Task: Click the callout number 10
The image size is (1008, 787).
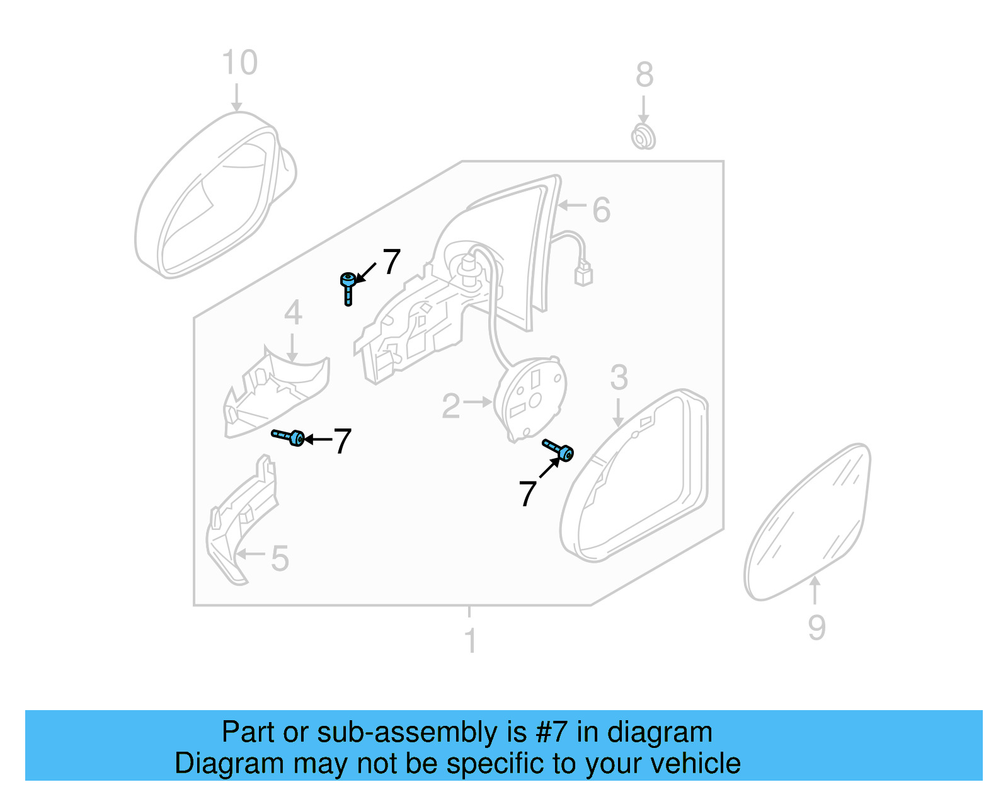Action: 239,63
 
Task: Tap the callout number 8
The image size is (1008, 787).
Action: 644,75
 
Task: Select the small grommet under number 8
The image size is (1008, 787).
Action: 643,137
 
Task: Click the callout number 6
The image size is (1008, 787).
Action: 601,210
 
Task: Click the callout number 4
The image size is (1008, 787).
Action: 293,313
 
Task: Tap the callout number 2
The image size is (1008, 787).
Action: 451,406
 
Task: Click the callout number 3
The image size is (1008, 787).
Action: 619,377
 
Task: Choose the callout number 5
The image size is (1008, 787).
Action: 279,558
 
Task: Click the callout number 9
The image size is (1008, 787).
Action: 816,628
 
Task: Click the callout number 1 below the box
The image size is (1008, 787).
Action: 469,641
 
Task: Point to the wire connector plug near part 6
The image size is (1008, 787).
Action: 583,274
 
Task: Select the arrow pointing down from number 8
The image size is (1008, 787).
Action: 643,110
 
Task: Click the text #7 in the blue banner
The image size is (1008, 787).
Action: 552,732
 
